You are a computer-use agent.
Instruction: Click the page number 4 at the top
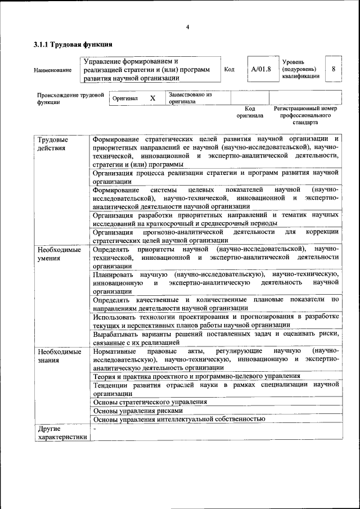pyautogui.click(x=188, y=26)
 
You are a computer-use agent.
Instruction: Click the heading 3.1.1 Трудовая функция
pyautogui.click(x=73, y=44)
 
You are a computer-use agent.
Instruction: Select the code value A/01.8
pyautogui.click(x=261, y=70)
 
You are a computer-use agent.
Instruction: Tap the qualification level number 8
pyautogui.click(x=334, y=69)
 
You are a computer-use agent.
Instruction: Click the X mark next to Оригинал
pyautogui.click(x=152, y=98)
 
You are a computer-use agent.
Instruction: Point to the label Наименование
pyautogui.click(x=53, y=70)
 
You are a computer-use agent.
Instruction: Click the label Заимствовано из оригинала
pyautogui.click(x=190, y=98)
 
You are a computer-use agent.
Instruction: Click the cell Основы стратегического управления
pyautogui.click(x=150, y=402)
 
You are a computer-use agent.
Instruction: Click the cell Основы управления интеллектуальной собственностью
pyautogui.click(x=179, y=419)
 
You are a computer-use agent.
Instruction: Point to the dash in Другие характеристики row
pyautogui.click(x=95, y=429)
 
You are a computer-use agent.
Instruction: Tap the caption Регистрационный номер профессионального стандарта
pyautogui.click(x=305, y=115)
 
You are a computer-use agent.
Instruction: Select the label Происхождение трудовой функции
pyautogui.click(x=70, y=98)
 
